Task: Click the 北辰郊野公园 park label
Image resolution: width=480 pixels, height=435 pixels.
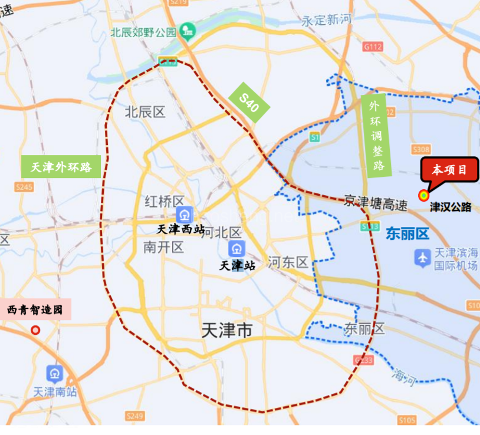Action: click(x=143, y=32)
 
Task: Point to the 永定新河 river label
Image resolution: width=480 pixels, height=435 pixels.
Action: click(x=326, y=20)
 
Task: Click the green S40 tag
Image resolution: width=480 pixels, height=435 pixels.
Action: click(x=249, y=103)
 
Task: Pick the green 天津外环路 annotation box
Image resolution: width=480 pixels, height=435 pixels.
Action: click(x=61, y=167)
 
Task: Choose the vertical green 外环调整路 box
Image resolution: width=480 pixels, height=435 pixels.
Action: click(x=374, y=136)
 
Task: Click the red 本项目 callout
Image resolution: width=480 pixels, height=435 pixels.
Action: click(x=449, y=170)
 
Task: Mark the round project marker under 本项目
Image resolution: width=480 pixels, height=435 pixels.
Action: click(x=423, y=195)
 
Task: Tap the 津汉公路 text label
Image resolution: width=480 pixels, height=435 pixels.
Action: click(x=451, y=207)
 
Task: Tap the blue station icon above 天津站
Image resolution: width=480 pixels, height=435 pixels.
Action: click(x=237, y=248)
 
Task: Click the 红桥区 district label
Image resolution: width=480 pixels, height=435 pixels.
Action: click(x=165, y=202)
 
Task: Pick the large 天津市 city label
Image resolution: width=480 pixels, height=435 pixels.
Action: click(x=226, y=330)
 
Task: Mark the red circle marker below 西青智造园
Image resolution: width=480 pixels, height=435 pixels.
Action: click(x=35, y=330)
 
